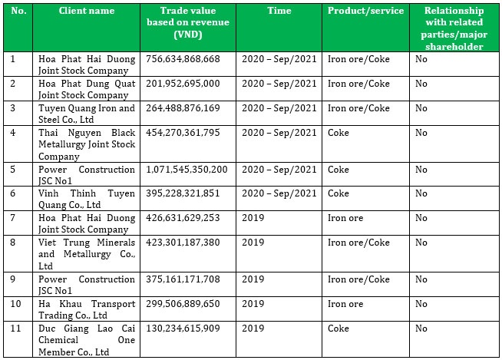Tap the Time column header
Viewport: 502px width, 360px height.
tap(279, 12)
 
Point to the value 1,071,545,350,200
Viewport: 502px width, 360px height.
tap(188, 170)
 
